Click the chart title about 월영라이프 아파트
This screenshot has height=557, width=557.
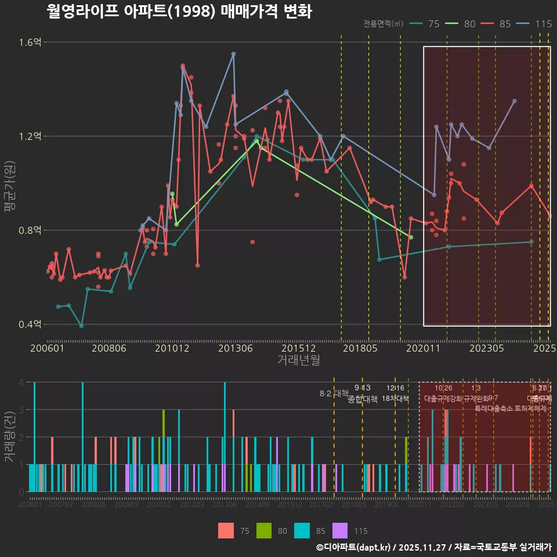179,12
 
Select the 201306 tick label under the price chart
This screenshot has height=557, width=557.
236,348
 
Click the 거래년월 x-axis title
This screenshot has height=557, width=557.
298,360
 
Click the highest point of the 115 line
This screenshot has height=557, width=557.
233,54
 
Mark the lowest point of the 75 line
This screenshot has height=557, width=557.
81,326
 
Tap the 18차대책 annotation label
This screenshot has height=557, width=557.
396,399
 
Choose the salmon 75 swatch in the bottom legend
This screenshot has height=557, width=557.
226,530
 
